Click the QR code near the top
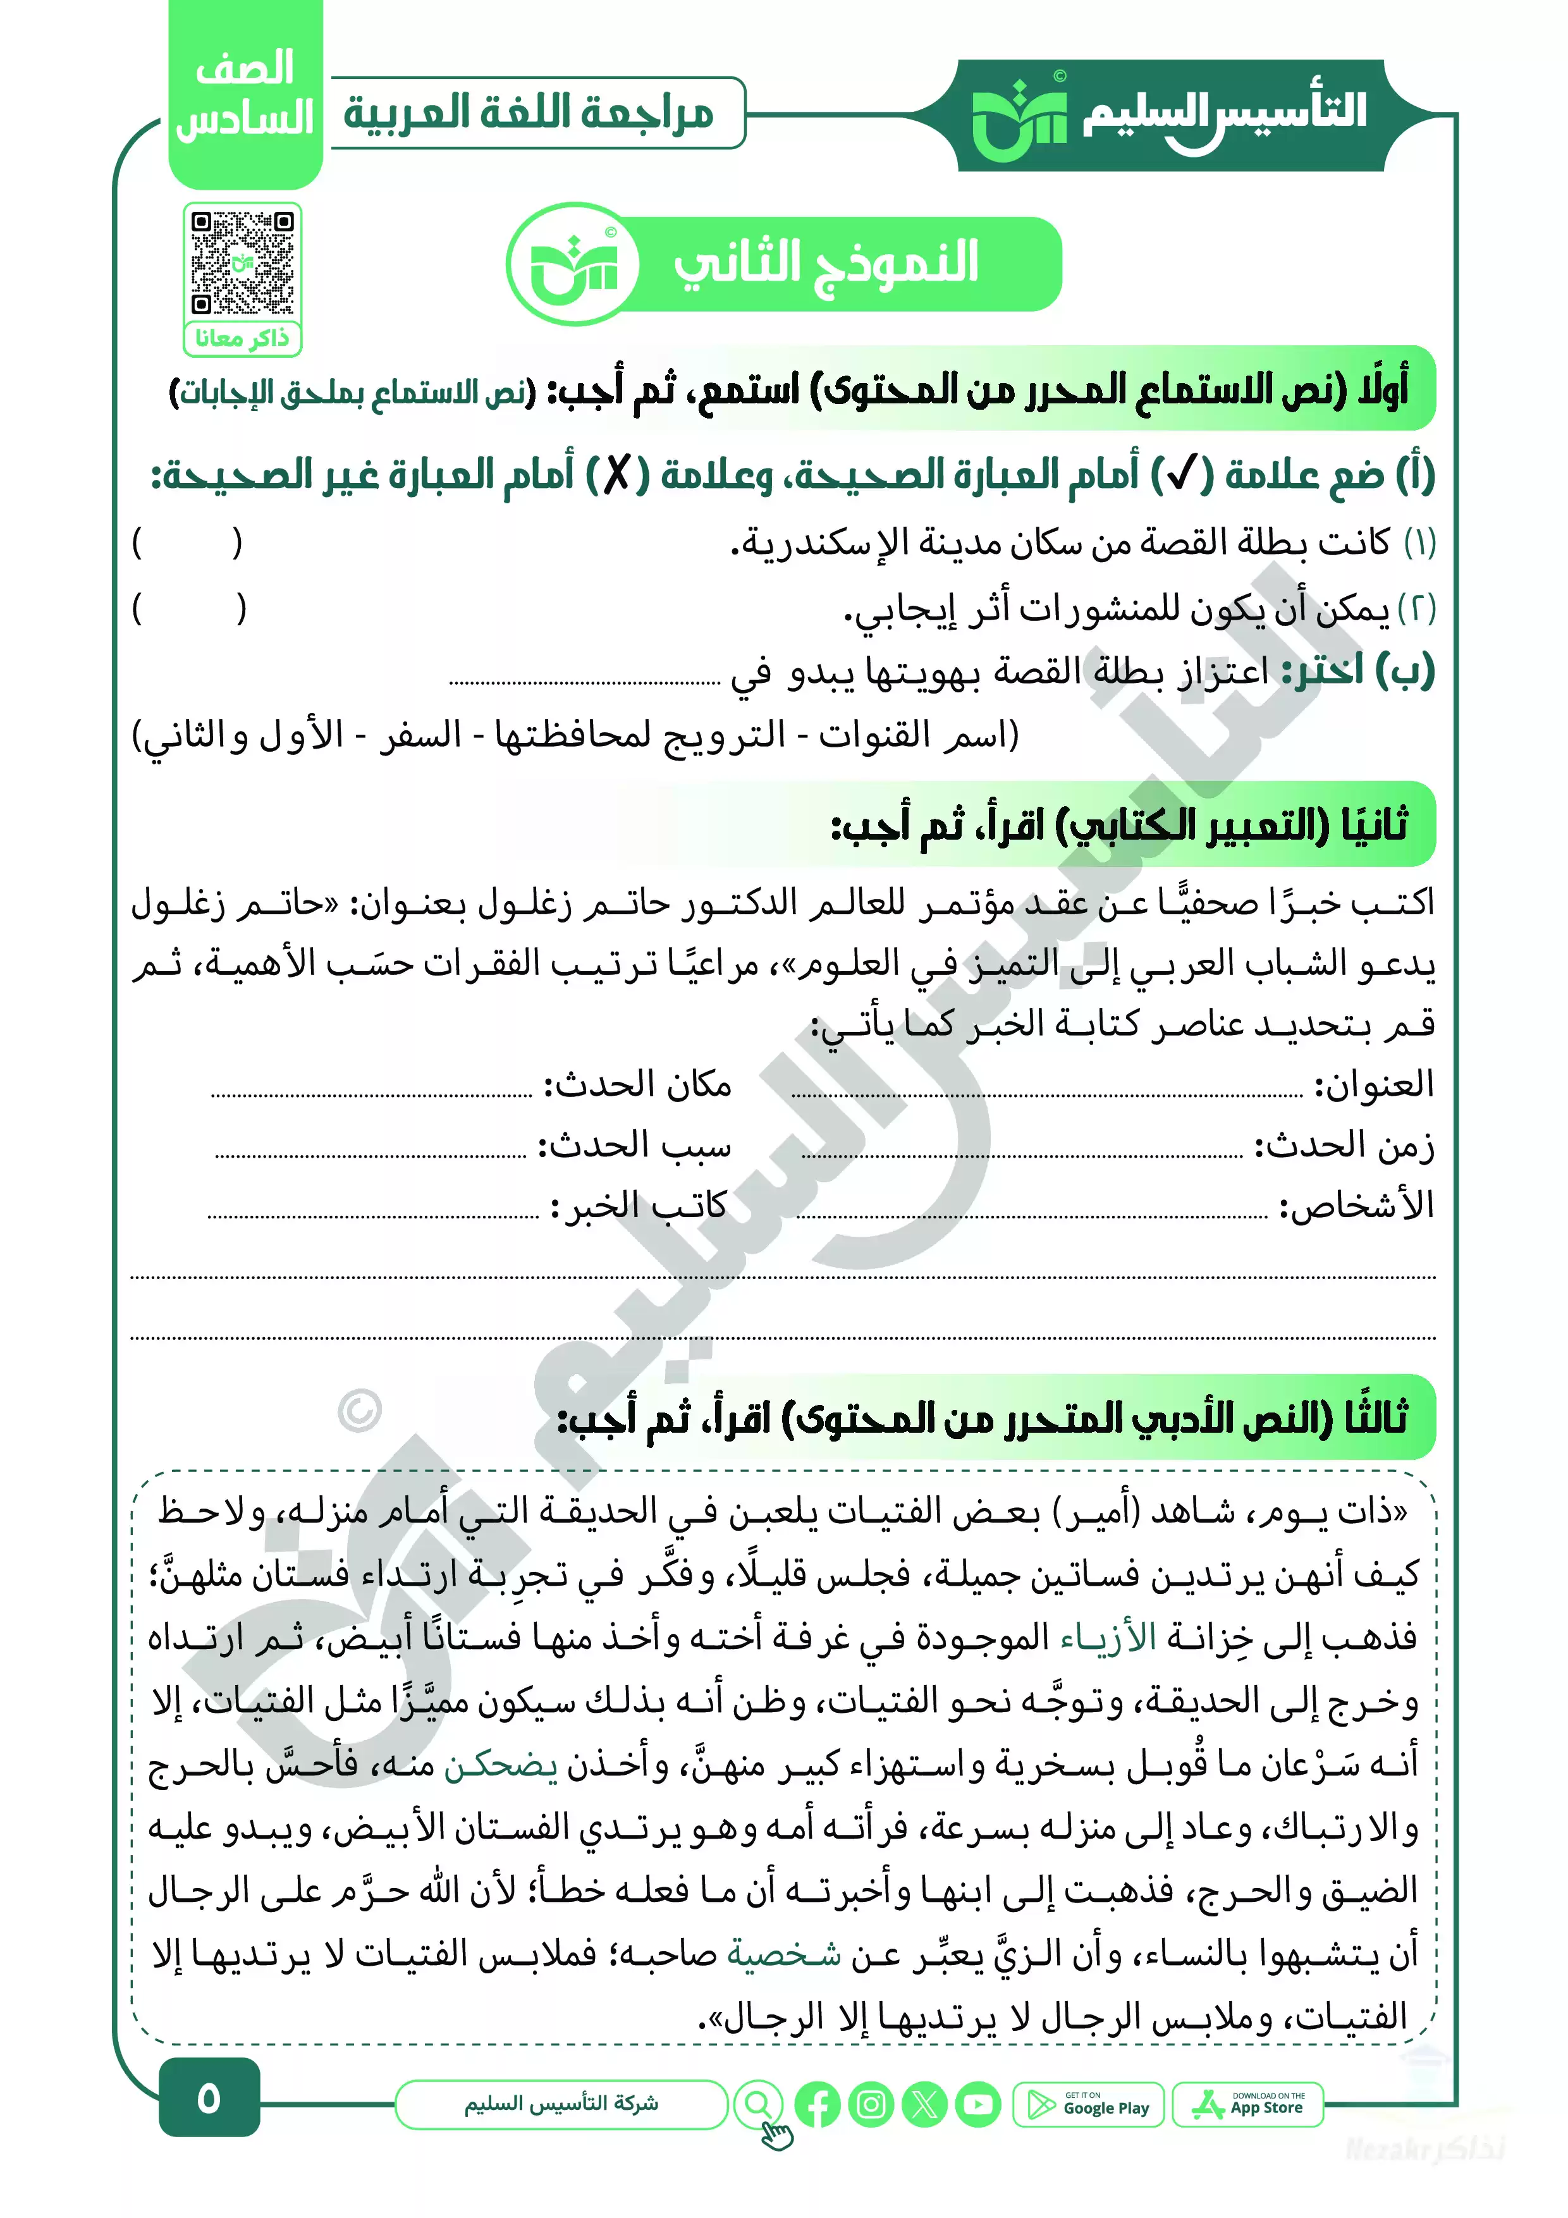tap(243, 263)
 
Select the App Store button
tap(1247, 2104)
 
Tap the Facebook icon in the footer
tap(818, 2104)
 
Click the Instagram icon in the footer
tap(871, 2104)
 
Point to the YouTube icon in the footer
tap(977, 2104)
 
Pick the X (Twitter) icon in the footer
tap(924, 2104)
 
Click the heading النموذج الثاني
tap(826, 263)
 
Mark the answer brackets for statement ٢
tap(189, 610)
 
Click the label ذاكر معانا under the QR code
tap(243, 338)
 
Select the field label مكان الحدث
tap(638, 1086)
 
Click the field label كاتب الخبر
tap(640, 1206)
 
